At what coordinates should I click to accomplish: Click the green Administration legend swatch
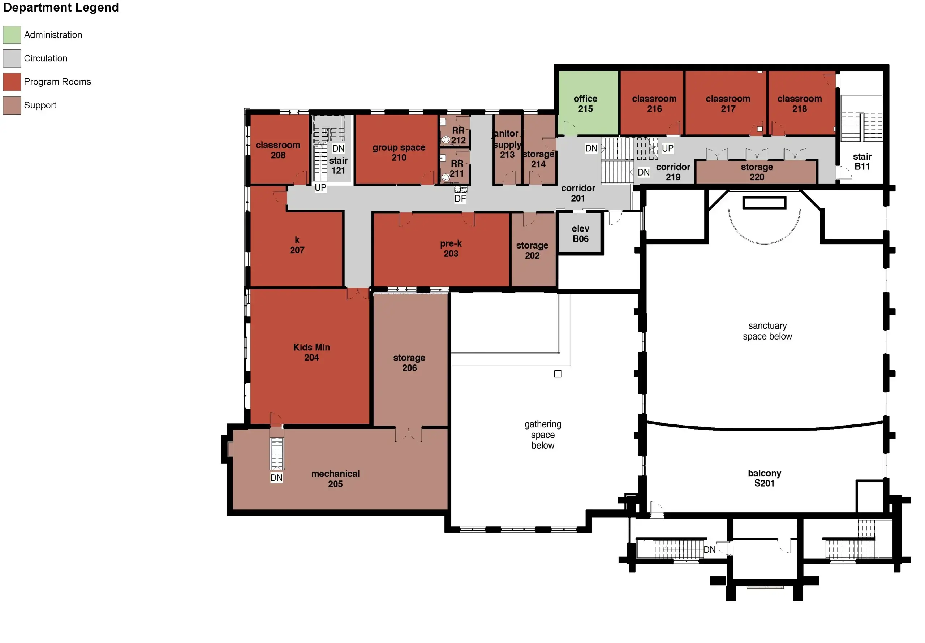point(12,35)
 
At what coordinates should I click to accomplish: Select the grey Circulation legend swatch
point(12,59)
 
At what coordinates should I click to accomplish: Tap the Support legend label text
point(40,105)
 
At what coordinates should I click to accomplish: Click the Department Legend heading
point(61,7)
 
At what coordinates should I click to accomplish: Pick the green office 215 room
point(588,103)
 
